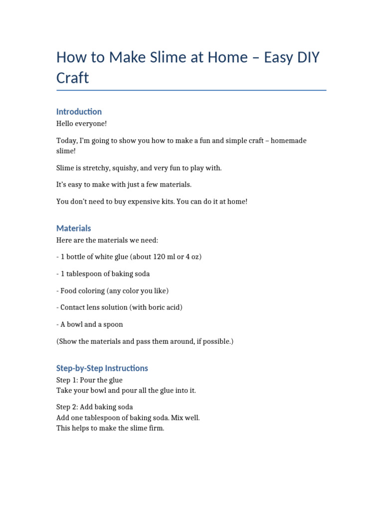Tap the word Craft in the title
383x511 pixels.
73,78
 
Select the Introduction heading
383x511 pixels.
79,111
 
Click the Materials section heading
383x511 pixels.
74,228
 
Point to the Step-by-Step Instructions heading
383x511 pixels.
102,368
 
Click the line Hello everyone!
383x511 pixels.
81,123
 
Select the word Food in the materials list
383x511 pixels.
69,290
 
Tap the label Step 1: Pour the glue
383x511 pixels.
89,380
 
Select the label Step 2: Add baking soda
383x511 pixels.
95,407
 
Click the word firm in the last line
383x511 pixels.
156,428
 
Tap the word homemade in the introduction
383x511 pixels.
288,141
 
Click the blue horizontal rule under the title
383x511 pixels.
191,90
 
